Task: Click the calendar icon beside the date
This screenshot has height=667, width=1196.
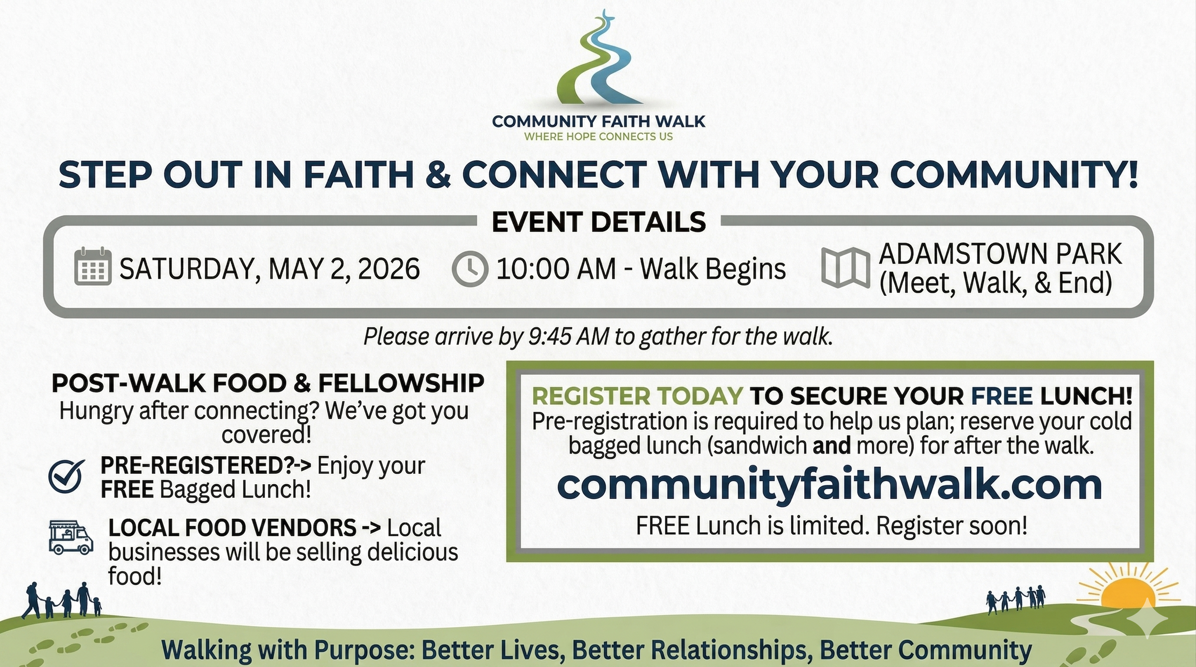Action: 93,267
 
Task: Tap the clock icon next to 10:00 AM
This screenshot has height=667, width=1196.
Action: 470,268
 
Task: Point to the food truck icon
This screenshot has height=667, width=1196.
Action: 71,537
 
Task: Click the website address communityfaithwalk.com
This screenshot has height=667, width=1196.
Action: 830,485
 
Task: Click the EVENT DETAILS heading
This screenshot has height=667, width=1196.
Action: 598,222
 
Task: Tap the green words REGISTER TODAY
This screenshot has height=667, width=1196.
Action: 637,396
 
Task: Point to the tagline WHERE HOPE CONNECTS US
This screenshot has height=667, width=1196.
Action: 598,137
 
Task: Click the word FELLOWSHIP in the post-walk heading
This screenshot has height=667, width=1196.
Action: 401,383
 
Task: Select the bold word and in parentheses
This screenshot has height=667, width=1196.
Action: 831,445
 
